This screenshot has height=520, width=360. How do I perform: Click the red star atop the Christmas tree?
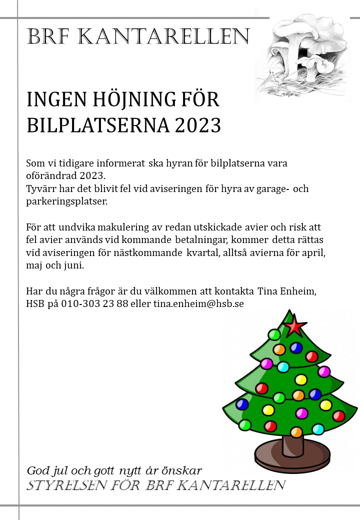coord(295,326)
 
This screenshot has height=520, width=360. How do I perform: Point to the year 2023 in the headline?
coord(197,125)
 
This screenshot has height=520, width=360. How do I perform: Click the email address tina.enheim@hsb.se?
coord(198,303)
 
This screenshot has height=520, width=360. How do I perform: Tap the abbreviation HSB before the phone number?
coord(35,303)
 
